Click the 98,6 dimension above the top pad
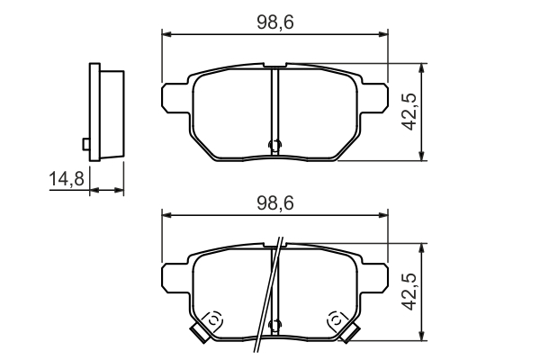(275, 22)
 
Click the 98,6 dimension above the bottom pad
(275, 203)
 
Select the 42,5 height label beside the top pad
(409, 112)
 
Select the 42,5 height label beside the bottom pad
(409, 292)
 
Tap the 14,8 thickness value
(67, 179)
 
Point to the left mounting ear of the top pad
(175, 98)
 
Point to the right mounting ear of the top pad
(374, 98)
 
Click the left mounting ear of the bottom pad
(175, 278)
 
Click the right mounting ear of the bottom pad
(374, 278)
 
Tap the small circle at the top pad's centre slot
(274, 145)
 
